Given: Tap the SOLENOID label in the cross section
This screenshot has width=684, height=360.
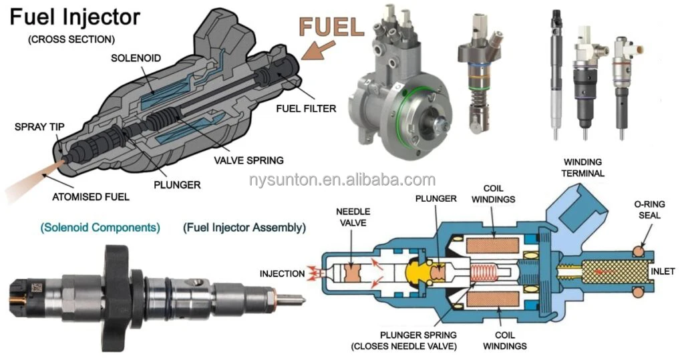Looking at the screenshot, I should coord(136,58).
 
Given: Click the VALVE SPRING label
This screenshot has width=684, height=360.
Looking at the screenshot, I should coord(248,160).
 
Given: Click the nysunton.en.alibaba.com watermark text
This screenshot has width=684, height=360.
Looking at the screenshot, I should coord(341,180).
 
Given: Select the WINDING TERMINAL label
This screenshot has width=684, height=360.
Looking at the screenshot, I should coord(583,168).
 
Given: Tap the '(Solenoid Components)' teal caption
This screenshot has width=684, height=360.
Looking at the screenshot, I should coord(100,227).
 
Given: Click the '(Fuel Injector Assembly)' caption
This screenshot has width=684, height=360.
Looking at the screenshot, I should coord(244,227).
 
